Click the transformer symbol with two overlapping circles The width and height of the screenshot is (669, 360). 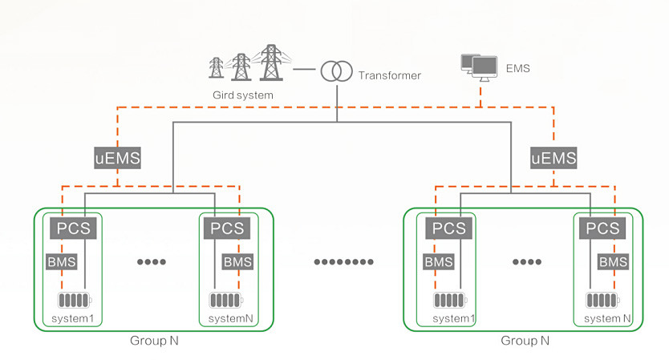(x=336, y=71)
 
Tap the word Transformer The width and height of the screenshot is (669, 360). (x=390, y=76)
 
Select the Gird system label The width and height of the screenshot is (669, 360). (x=242, y=95)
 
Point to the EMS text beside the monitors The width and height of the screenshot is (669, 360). (x=518, y=69)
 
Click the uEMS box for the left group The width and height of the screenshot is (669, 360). (x=117, y=158)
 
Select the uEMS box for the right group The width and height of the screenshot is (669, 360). (x=553, y=158)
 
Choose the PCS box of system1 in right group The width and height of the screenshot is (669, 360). (x=448, y=228)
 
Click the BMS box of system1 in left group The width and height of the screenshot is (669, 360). (x=62, y=262)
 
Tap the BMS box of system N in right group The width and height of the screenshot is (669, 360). (x=614, y=262)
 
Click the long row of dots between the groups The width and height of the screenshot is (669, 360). (x=343, y=262)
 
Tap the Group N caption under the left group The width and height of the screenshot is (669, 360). (x=154, y=340)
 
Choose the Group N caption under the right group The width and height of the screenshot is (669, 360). (x=525, y=340)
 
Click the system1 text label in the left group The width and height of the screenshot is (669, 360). (x=73, y=318)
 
